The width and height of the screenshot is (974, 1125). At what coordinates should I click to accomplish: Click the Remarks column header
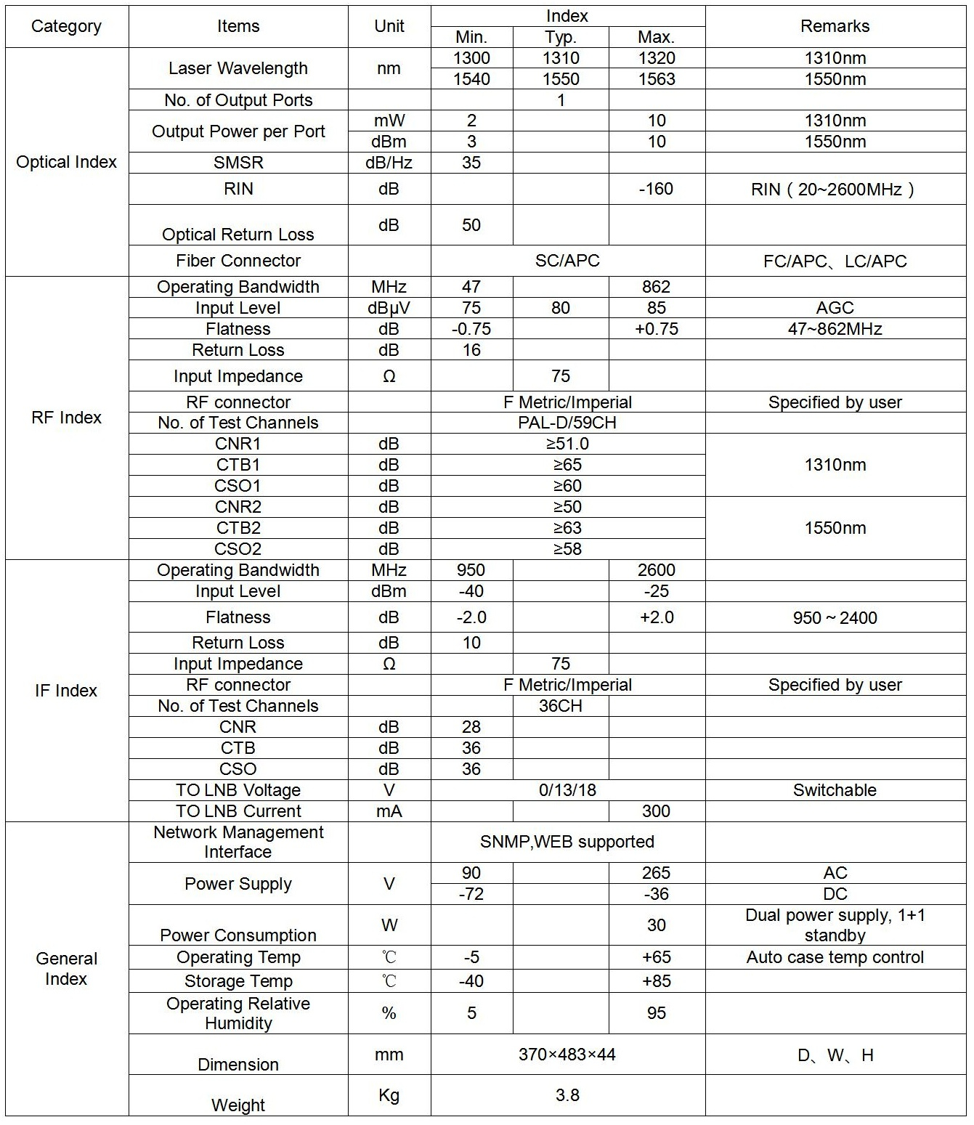coord(835,26)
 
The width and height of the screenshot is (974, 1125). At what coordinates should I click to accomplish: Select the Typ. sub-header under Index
coord(560,37)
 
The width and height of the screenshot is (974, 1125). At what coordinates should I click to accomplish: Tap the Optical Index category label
coord(66,162)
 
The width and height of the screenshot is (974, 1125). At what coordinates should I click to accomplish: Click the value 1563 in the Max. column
coord(656,79)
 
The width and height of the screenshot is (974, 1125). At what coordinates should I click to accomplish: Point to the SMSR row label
coord(238,163)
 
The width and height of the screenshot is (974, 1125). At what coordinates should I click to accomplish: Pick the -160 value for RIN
coord(656,189)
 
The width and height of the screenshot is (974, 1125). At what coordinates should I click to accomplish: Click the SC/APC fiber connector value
coord(567,261)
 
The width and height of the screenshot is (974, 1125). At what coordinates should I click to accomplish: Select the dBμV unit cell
coord(389,308)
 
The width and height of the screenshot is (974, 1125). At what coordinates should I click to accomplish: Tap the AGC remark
coord(835,308)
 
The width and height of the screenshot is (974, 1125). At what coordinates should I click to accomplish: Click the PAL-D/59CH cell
coord(567,423)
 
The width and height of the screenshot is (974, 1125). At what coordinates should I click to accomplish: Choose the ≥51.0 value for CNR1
coord(567,444)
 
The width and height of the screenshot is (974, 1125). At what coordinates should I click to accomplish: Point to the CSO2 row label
coord(238,549)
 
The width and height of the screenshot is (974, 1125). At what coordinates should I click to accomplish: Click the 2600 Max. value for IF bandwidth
coord(656,570)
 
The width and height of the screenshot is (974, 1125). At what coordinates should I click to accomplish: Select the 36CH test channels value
coord(560,706)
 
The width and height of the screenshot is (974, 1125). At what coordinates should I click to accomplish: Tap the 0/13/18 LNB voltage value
coord(567,790)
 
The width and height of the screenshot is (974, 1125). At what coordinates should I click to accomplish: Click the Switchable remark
coord(835,790)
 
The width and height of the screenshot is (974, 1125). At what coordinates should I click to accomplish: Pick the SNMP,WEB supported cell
coord(567,842)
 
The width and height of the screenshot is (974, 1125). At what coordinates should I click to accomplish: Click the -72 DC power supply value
coord(471,894)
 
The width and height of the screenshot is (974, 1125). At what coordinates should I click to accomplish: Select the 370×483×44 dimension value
coord(567,1055)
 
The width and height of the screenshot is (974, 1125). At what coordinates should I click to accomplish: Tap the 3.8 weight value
coord(567,1095)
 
